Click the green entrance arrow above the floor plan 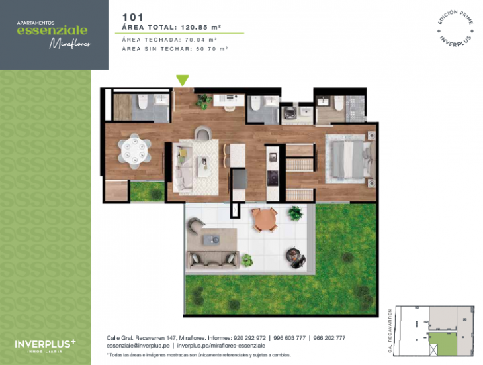click(183, 80)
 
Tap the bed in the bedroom click(347, 158)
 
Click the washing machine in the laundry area click(289, 114)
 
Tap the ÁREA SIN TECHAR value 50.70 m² click(208, 48)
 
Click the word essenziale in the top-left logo click(52, 30)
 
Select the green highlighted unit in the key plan click(441, 344)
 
